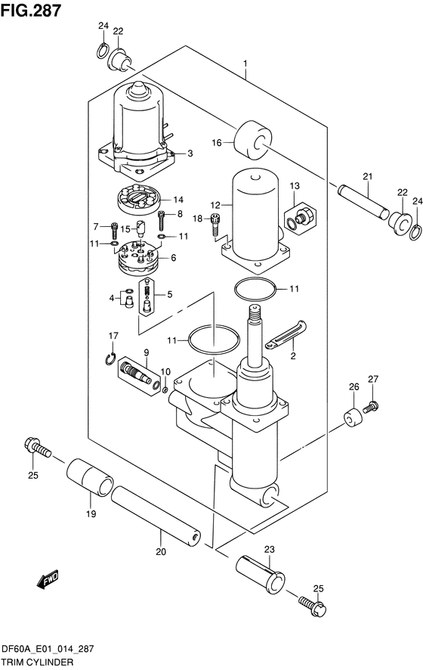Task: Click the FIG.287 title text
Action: pos(31,11)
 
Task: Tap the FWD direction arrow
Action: pos(48,579)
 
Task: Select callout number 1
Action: pos(245,64)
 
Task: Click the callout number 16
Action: pos(217,142)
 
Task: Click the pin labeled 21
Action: pos(363,202)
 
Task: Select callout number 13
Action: pos(295,186)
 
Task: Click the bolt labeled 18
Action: pos(215,225)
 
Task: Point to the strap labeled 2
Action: pos(286,334)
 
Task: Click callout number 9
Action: pos(146,352)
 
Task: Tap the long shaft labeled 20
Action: pos(156,516)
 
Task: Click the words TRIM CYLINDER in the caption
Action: pos(37,662)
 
